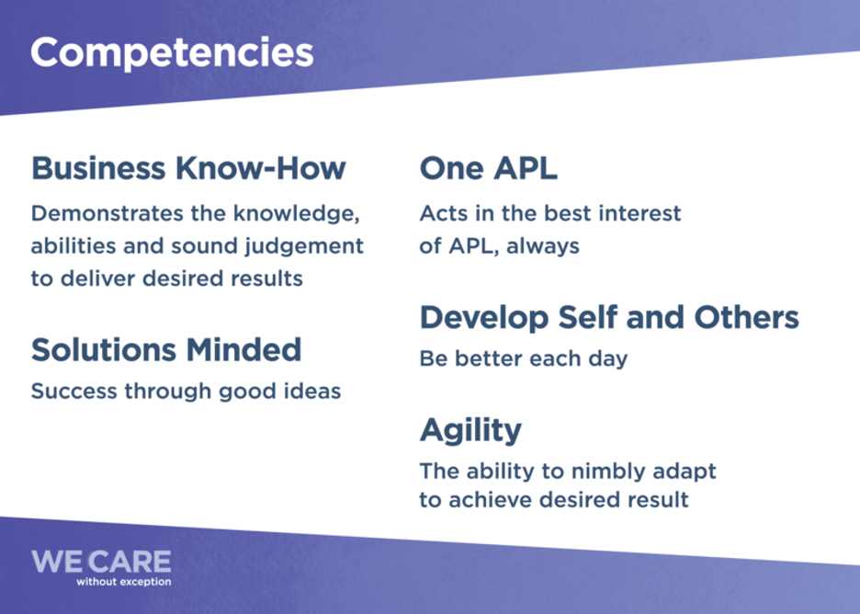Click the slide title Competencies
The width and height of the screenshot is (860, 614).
click(x=172, y=53)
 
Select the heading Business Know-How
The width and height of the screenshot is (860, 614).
click(x=188, y=168)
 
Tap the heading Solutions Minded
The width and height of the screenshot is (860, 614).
click(x=166, y=349)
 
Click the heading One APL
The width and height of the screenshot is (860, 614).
click(x=488, y=168)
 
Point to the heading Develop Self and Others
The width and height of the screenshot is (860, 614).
click(x=609, y=318)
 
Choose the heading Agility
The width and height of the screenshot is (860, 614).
click(x=470, y=431)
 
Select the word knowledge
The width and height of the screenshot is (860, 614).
click(x=296, y=213)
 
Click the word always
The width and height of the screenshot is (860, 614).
click(x=542, y=246)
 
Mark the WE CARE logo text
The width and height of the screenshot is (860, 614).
click(x=101, y=562)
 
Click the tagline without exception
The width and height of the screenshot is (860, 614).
click(x=124, y=582)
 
